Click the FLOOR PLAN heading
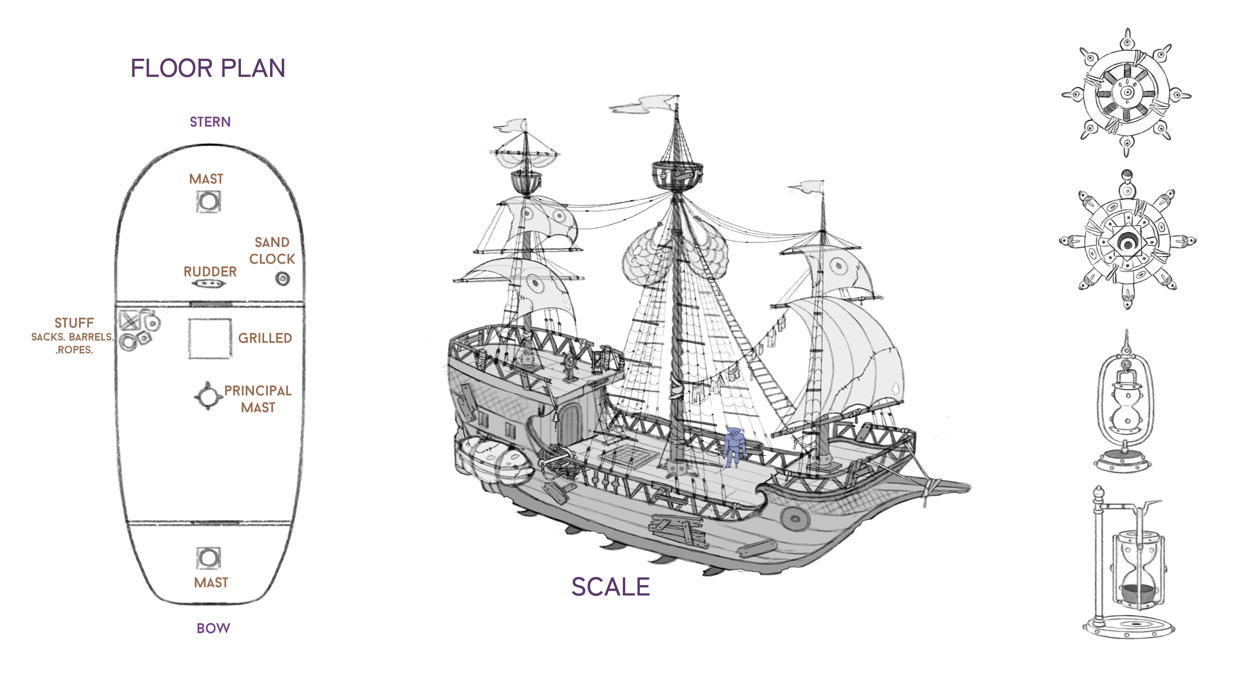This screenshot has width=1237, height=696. coord(208,68)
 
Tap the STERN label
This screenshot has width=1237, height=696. coord(210,122)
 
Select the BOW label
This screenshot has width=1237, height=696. coord(213,628)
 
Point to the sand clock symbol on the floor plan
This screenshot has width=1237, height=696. coord(283,279)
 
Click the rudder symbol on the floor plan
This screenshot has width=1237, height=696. coord(208,284)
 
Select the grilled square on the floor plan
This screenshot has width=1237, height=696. coord(210,339)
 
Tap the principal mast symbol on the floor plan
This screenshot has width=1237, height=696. coord(208,397)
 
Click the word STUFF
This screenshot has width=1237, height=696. coord(74,323)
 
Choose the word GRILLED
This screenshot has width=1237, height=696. coord(265,338)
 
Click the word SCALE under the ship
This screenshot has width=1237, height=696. coord(610,587)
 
